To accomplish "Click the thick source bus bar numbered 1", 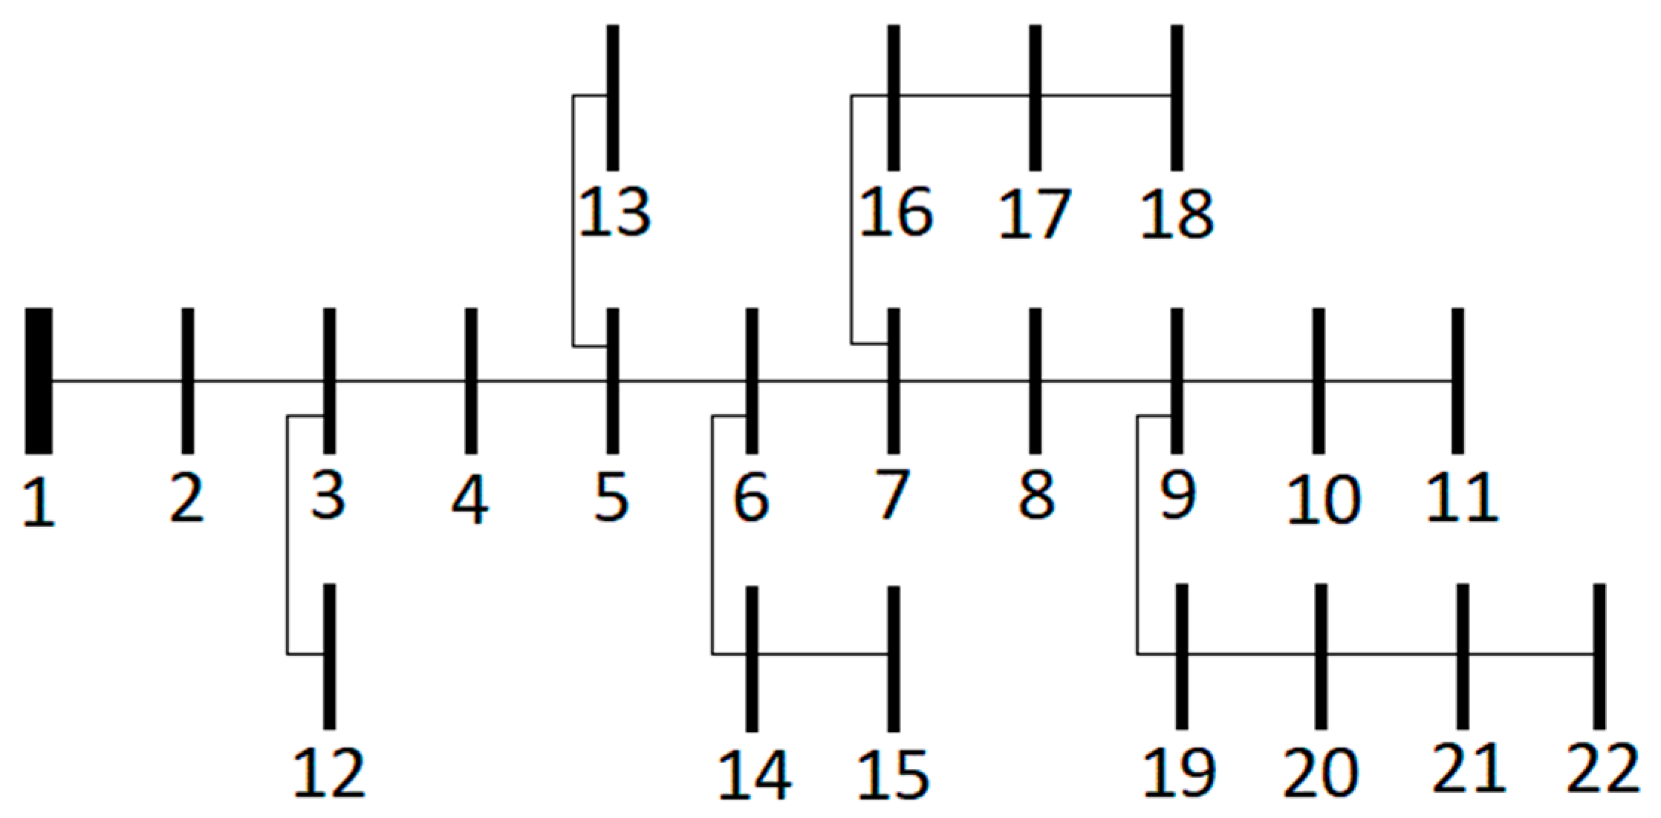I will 39,380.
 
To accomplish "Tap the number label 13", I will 614,214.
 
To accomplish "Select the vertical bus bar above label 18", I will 1177,96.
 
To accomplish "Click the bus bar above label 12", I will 329,656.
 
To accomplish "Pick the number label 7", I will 891,496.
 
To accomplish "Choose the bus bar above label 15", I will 894,658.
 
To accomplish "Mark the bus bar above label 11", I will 1457,380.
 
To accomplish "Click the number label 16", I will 896,214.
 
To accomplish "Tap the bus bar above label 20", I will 1321,656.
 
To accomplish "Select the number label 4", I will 470,499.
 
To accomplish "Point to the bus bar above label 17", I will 1036,96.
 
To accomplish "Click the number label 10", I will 1323,500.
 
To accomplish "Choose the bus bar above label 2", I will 188,380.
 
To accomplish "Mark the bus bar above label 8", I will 1036,380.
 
